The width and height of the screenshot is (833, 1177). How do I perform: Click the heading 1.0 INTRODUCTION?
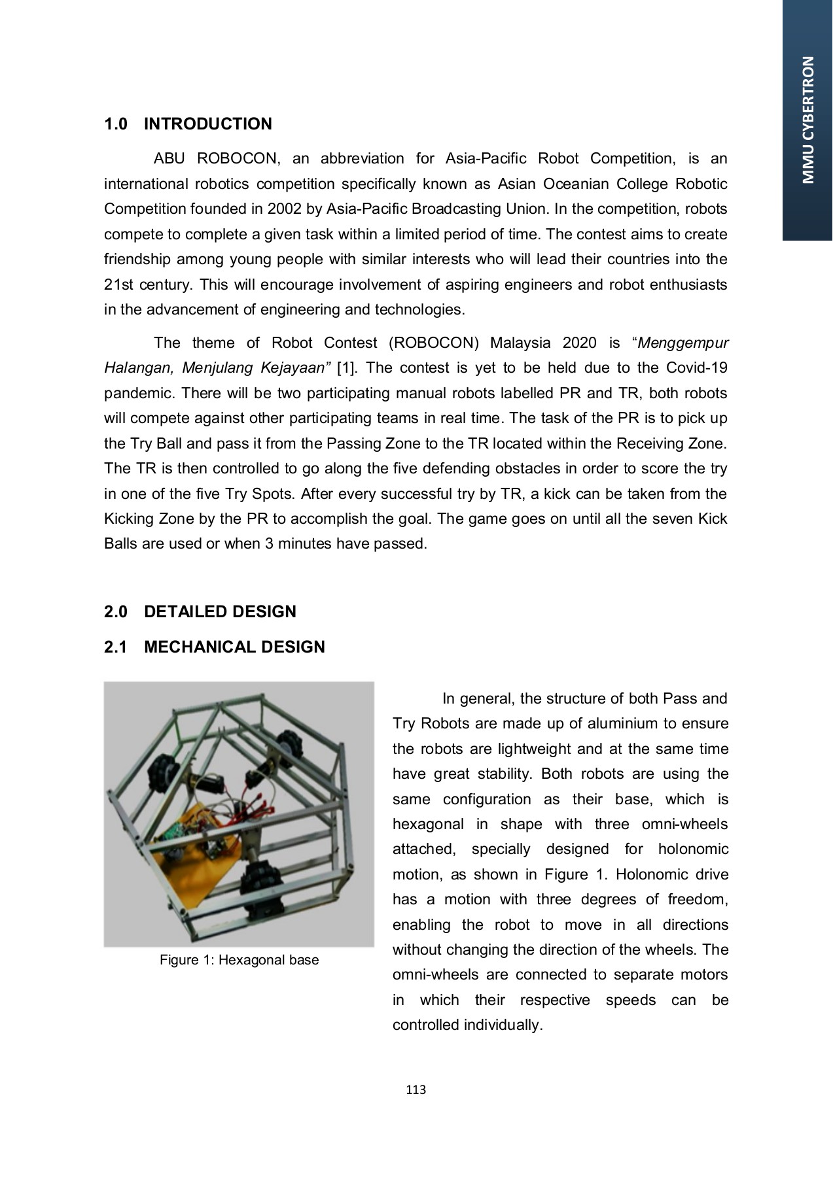click(188, 124)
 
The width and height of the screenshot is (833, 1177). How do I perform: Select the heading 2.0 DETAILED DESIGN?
click(200, 612)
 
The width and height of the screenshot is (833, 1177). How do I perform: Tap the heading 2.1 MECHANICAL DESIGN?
click(215, 647)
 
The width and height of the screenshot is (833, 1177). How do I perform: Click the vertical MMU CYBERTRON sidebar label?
click(808, 120)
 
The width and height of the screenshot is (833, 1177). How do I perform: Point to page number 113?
click(416, 1090)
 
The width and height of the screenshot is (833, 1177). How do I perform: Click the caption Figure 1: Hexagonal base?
click(239, 960)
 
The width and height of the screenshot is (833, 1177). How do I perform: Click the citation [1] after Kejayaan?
click(347, 368)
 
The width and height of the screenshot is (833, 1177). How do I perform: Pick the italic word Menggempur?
click(683, 343)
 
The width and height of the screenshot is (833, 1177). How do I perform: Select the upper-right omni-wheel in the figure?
click(287, 744)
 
